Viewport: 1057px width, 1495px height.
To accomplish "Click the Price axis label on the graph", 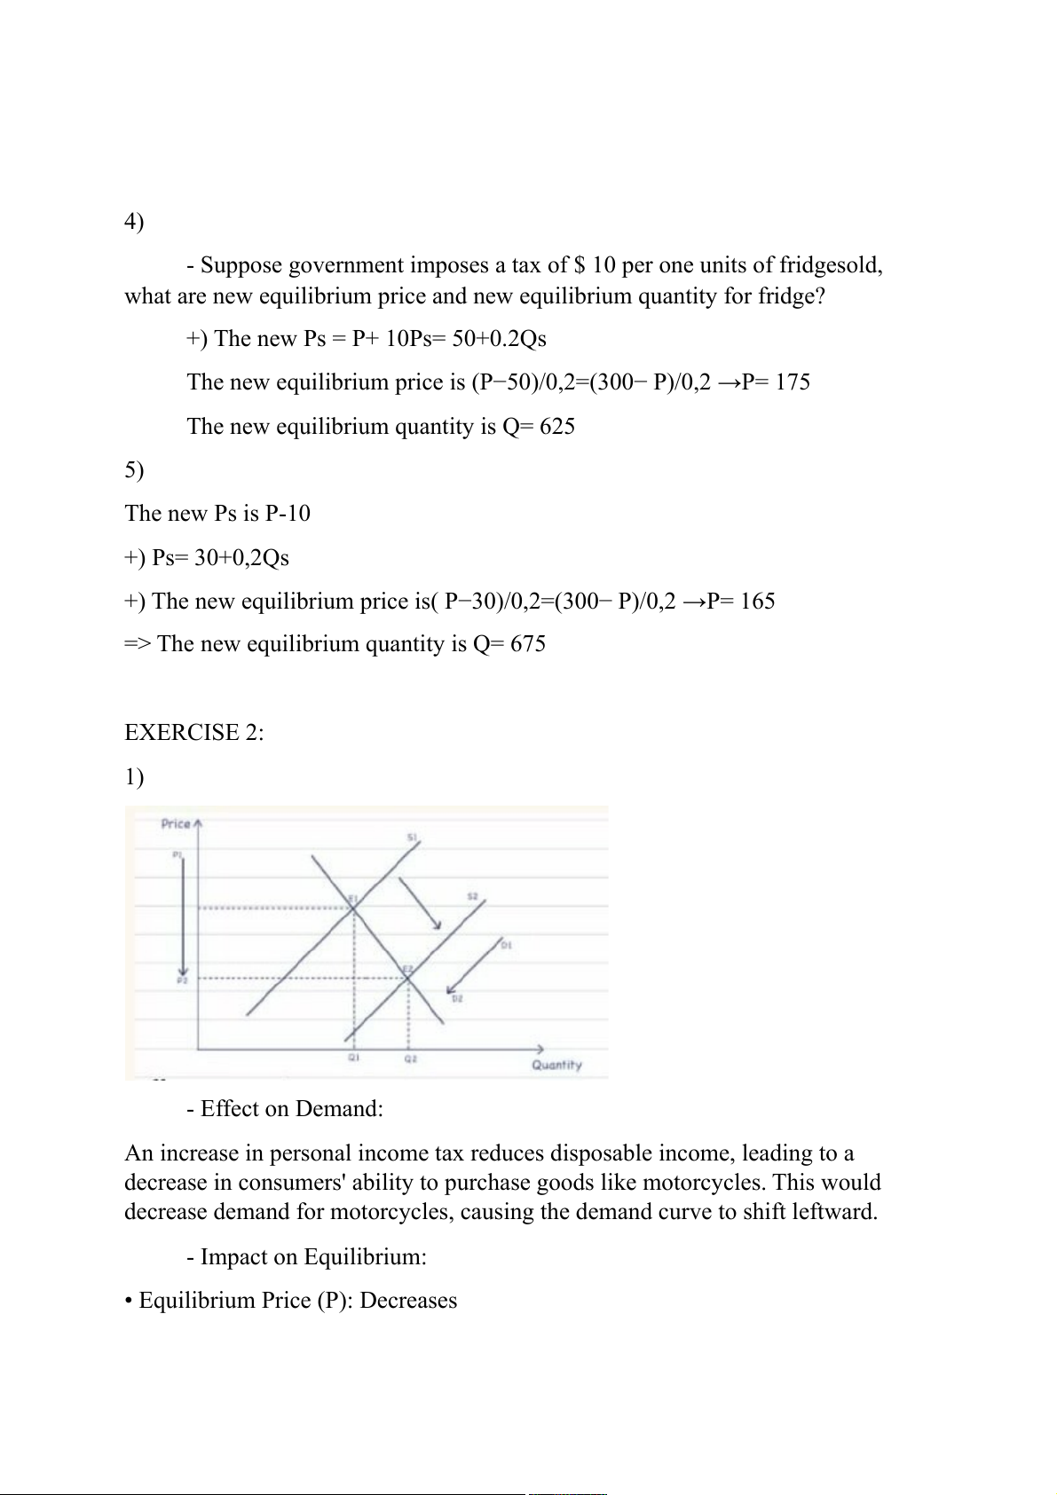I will pyautogui.click(x=176, y=823).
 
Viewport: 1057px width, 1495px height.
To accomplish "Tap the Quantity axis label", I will pyautogui.click(x=556, y=1065).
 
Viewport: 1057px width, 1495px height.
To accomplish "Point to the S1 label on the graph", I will pyautogui.click(x=413, y=838).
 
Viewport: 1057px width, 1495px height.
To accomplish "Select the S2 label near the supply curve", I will pyautogui.click(x=473, y=897).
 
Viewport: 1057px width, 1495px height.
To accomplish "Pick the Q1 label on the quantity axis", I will pyautogui.click(x=353, y=1058).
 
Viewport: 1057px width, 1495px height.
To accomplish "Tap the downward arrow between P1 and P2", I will pyautogui.click(x=183, y=914).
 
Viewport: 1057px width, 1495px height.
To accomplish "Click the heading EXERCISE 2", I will pyautogui.click(x=194, y=732).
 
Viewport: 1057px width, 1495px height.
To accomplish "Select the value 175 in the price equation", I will pyautogui.click(x=793, y=382).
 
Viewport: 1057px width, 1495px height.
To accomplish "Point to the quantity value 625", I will pyautogui.click(x=557, y=427).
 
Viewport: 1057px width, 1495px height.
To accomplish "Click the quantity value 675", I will pyautogui.click(x=528, y=644).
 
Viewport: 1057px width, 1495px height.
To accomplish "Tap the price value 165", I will pyautogui.click(x=757, y=602).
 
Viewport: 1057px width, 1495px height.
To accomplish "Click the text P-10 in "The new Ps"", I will pyautogui.click(x=288, y=514).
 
